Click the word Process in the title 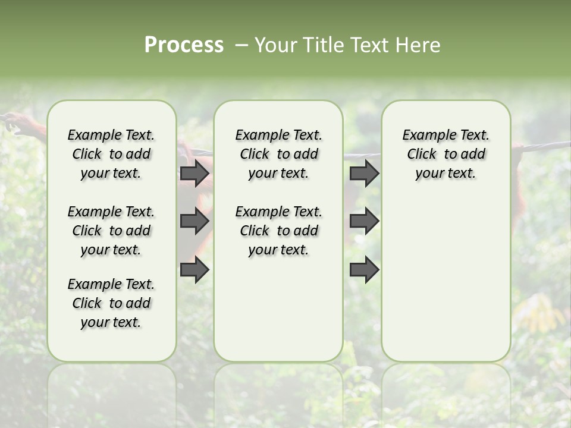tap(184, 45)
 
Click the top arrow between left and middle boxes tap(194, 173)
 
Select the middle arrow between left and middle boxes tap(194, 221)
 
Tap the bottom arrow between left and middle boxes tap(194, 269)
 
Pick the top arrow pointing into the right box tap(364, 173)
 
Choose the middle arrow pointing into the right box tap(364, 221)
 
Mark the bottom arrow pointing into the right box tap(364, 269)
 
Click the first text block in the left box tap(111, 154)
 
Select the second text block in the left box tap(111, 231)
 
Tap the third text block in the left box tap(111, 303)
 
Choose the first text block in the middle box tap(278, 154)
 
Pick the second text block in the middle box tap(278, 231)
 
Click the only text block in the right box tap(445, 154)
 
